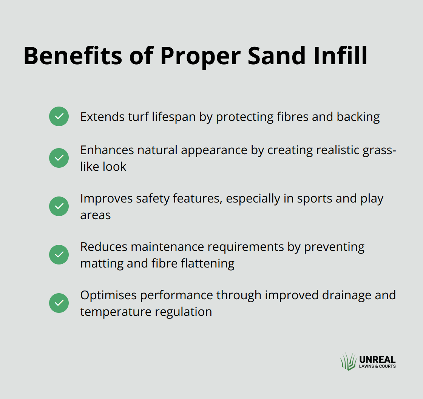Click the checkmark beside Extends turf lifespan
59,116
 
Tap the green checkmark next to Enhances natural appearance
59,158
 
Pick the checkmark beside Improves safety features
59,206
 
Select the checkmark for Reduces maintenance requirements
59,255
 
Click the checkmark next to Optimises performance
59,303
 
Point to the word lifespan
174,117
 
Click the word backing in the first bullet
358,117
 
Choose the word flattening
208,263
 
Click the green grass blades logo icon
349,362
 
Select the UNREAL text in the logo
377,360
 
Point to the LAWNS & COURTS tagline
377,367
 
